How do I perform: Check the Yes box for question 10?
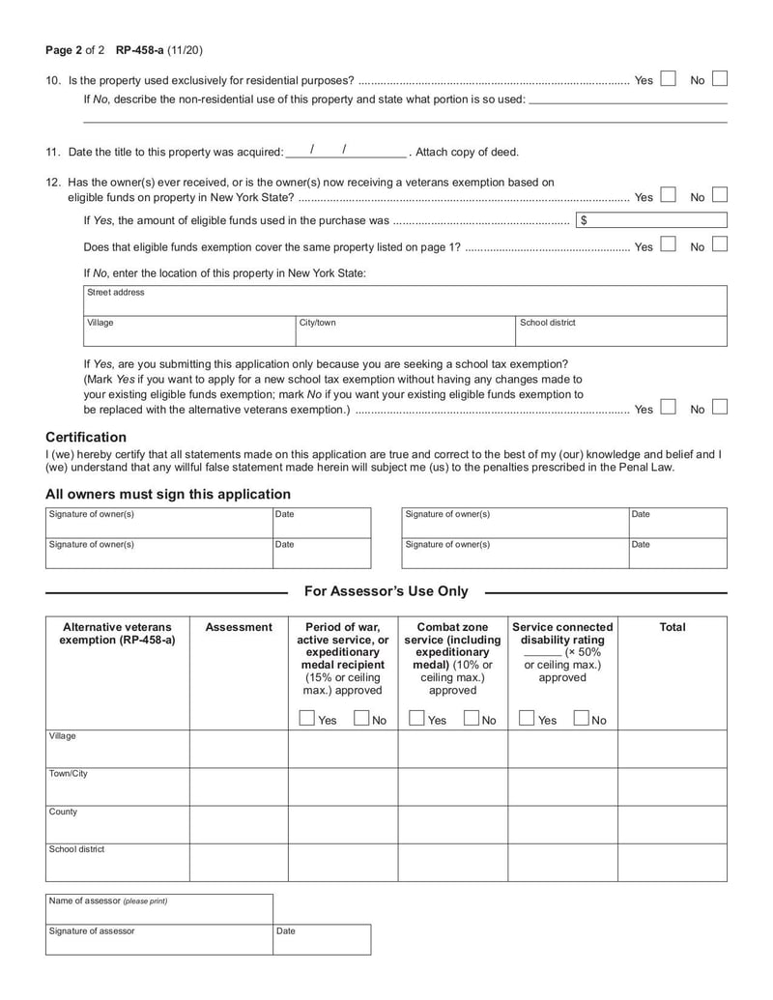point(668,80)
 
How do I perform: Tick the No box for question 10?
point(720,80)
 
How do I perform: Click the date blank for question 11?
point(345,151)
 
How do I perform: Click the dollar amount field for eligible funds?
point(651,221)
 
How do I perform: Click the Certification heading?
point(86,437)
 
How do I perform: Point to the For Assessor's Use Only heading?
point(386,591)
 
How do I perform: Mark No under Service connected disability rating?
point(581,719)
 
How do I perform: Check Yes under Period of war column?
point(306,719)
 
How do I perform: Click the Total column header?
point(672,627)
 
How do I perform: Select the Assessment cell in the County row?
point(238,824)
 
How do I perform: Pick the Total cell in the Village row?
point(672,749)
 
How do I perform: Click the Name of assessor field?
point(158,908)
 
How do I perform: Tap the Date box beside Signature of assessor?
point(322,939)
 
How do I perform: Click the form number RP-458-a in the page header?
point(139,50)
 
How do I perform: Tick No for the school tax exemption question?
point(720,409)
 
